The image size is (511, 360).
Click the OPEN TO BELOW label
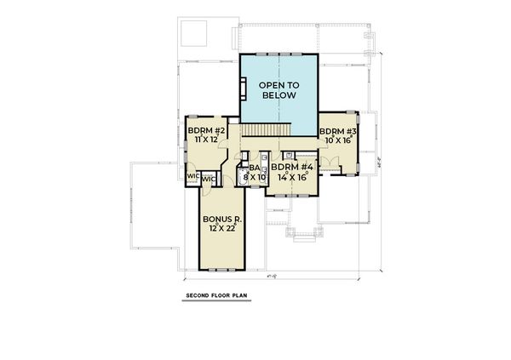[278, 90]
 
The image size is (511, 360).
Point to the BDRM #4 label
[293, 168]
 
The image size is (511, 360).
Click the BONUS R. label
[224, 220]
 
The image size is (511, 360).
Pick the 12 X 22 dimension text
[224, 229]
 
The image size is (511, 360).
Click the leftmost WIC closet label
[192, 176]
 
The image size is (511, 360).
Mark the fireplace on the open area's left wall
[243, 89]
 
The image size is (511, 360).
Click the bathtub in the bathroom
[240, 180]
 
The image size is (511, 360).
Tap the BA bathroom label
[254, 169]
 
